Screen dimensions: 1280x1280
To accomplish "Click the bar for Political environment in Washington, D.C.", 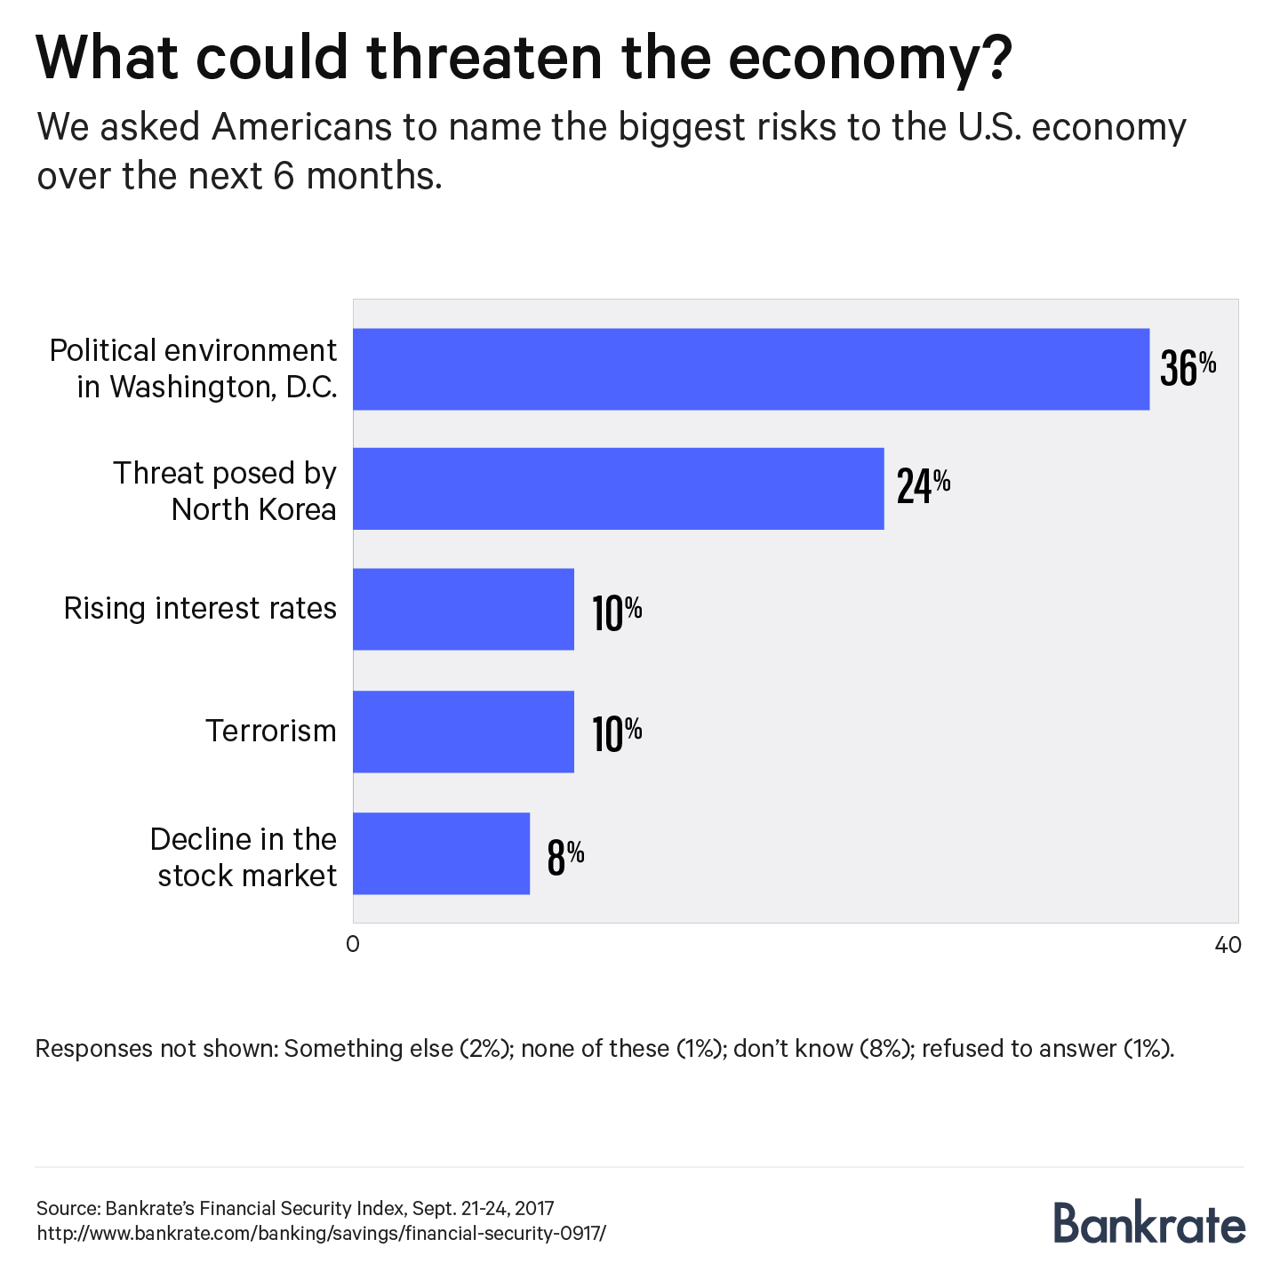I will [x=751, y=369].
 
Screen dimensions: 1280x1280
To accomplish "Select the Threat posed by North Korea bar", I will [x=618, y=489].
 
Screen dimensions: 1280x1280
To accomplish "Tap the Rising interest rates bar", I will [x=463, y=609].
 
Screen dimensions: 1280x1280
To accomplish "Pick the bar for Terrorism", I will [x=463, y=732].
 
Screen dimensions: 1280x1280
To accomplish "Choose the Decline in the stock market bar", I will [x=441, y=853].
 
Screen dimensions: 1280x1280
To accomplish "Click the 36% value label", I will [x=1188, y=367].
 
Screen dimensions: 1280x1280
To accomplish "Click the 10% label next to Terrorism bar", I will [x=617, y=734].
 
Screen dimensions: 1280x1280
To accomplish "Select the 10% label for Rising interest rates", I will [x=617, y=612].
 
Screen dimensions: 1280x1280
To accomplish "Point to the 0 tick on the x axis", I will [x=353, y=945].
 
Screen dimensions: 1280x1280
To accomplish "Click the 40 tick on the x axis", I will [x=1228, y=945].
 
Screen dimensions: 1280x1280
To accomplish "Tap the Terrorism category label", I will [x=271, y=732].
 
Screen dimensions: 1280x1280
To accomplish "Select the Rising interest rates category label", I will [x=200, y=609].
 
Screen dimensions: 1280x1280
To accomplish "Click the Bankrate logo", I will [x=1149, y=1222].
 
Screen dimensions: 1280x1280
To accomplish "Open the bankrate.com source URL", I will [x=321, y=1234].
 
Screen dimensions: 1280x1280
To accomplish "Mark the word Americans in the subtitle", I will [x=301, y=128].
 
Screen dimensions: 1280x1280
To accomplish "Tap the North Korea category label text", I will [x=253, y=509].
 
